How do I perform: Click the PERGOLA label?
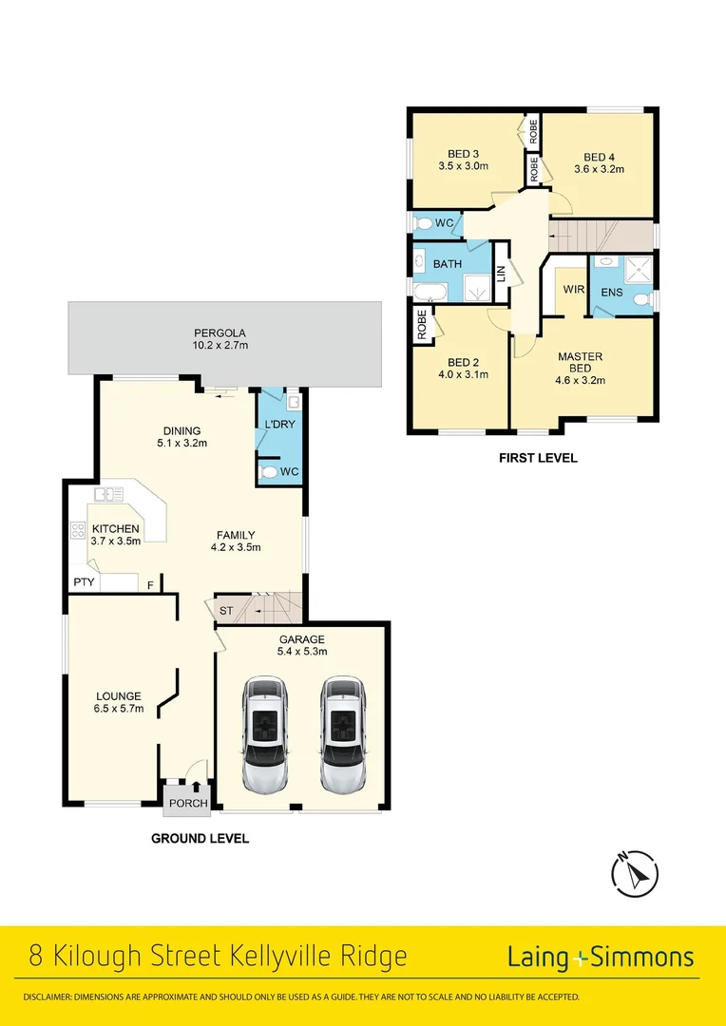click(220, 333)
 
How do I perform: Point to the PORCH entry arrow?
click(197, 786)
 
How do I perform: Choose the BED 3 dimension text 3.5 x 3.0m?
click(463, 166)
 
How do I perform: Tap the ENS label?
click(612, 293)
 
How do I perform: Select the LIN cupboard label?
click(501, 274)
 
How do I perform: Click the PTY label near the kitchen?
click(84, 582)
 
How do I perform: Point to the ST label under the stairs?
click(225, 610)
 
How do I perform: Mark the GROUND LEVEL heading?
click(200, 839)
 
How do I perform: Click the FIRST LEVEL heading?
click(538, 458)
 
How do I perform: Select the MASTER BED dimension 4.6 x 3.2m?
click(581, 380)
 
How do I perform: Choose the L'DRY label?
click(279, 423)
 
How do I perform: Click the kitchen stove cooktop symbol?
click(78, 532)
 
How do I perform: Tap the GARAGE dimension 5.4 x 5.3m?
click(301, 652)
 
